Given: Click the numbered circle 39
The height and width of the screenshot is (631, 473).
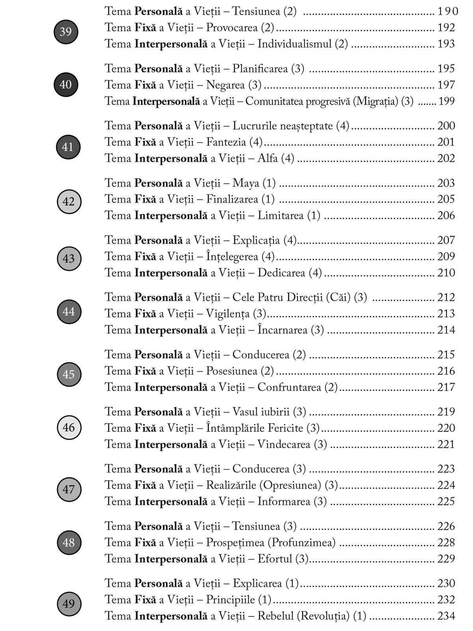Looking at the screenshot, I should click(65, 32).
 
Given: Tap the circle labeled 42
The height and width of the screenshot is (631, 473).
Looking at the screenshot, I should click(69, 202).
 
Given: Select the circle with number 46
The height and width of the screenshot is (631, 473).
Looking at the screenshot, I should click(69, 427).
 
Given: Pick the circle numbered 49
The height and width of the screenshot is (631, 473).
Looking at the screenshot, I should click(69, 603).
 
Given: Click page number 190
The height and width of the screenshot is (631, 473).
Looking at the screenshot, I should click(447, 11).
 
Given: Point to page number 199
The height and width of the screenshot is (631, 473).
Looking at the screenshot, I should click(446, 101).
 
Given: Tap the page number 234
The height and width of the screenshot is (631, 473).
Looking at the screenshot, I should click(446, 616).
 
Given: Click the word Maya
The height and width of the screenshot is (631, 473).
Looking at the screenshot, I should click(246, 183).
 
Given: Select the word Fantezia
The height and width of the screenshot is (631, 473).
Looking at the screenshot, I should click(226, 142).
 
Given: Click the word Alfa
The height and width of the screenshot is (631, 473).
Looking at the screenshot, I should click(268, 159).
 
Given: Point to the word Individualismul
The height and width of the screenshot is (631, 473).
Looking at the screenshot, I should click(294, 44).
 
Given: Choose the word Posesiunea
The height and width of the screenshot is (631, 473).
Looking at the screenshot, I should click(232, 371).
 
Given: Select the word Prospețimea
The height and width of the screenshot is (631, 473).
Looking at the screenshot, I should click(235, 543).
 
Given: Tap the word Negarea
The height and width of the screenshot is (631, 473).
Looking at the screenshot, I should click(225, 85).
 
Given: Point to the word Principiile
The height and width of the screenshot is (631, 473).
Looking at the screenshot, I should click(231, 599).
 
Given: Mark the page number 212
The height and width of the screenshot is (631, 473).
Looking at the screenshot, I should click(446, 297).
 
